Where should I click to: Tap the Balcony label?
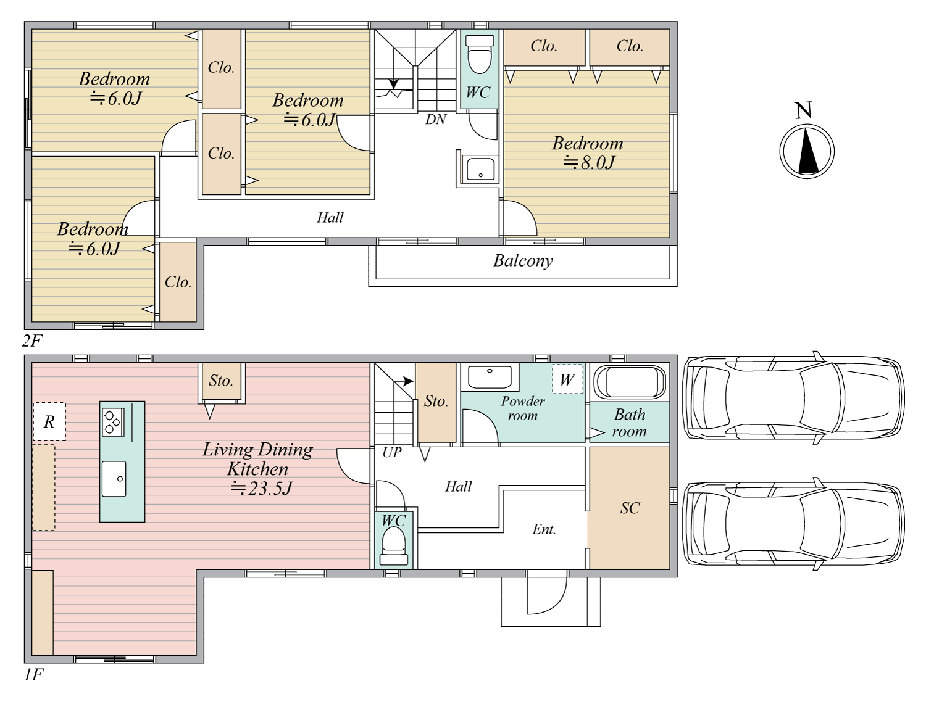(523, 261)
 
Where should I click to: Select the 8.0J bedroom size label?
(590, 163)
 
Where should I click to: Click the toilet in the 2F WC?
(480, 54)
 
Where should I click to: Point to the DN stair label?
(435, 120)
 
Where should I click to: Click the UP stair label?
(392, 452)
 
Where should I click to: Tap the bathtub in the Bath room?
(630, 382)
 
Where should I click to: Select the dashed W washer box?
(568, 379)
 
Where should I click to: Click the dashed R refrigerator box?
(49, 421)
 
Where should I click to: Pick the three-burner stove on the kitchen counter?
(113, 421)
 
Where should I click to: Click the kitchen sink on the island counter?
(114, 479)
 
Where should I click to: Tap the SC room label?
(630, 508)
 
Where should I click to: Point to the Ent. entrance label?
(544, 529)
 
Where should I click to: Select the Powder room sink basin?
(490, 376)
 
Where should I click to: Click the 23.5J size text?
(262, 489)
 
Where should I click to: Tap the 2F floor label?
(32, 341)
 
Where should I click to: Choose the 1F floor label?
(33, 675)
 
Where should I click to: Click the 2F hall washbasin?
(480, 168)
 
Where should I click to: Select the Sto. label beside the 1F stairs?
(436, 401)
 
